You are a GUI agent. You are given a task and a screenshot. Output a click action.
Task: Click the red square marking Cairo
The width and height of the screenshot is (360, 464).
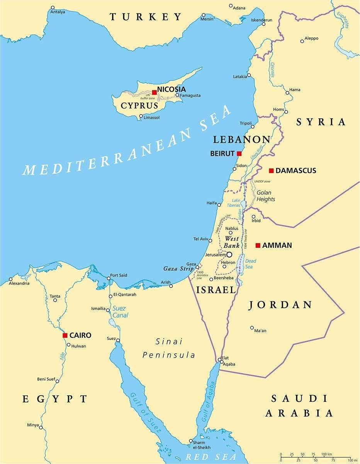coord(65,335)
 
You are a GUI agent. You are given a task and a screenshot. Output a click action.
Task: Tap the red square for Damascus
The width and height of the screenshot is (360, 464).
coord(271,171)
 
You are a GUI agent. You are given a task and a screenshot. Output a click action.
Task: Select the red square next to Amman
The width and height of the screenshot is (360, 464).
coord(258,245)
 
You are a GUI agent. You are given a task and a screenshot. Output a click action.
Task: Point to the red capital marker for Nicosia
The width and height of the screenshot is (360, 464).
coord(154,92)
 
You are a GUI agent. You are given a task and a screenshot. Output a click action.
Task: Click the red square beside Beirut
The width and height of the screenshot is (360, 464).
coord(239,153)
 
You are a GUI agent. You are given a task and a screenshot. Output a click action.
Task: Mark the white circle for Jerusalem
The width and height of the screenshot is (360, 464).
coord(229,254)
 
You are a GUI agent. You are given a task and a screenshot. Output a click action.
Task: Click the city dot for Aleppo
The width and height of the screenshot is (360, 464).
coord(302,41)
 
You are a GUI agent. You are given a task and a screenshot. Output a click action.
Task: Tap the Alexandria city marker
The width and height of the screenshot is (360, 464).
coord(11,279)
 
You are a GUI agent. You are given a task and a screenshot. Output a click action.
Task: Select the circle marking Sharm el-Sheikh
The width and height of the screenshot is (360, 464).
coord(190,441)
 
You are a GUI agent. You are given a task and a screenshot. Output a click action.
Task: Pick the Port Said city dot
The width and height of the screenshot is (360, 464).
coord(109,278)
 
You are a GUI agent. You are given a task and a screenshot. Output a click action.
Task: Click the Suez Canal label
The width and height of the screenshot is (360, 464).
coord(120,312)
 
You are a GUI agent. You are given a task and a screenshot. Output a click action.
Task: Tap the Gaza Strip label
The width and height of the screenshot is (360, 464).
coord(178,268)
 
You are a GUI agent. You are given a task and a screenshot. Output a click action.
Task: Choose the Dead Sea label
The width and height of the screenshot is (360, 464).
coord(251,264)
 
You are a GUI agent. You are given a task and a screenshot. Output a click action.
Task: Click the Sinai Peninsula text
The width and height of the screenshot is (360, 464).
coord(169,348)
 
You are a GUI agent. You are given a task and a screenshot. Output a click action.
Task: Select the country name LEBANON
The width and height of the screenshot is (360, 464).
coord(242,140)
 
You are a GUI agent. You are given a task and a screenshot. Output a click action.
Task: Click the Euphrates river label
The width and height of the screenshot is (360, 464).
coord(346,20)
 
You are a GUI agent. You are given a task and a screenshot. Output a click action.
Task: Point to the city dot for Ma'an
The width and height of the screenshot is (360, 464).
coord(252,328)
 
